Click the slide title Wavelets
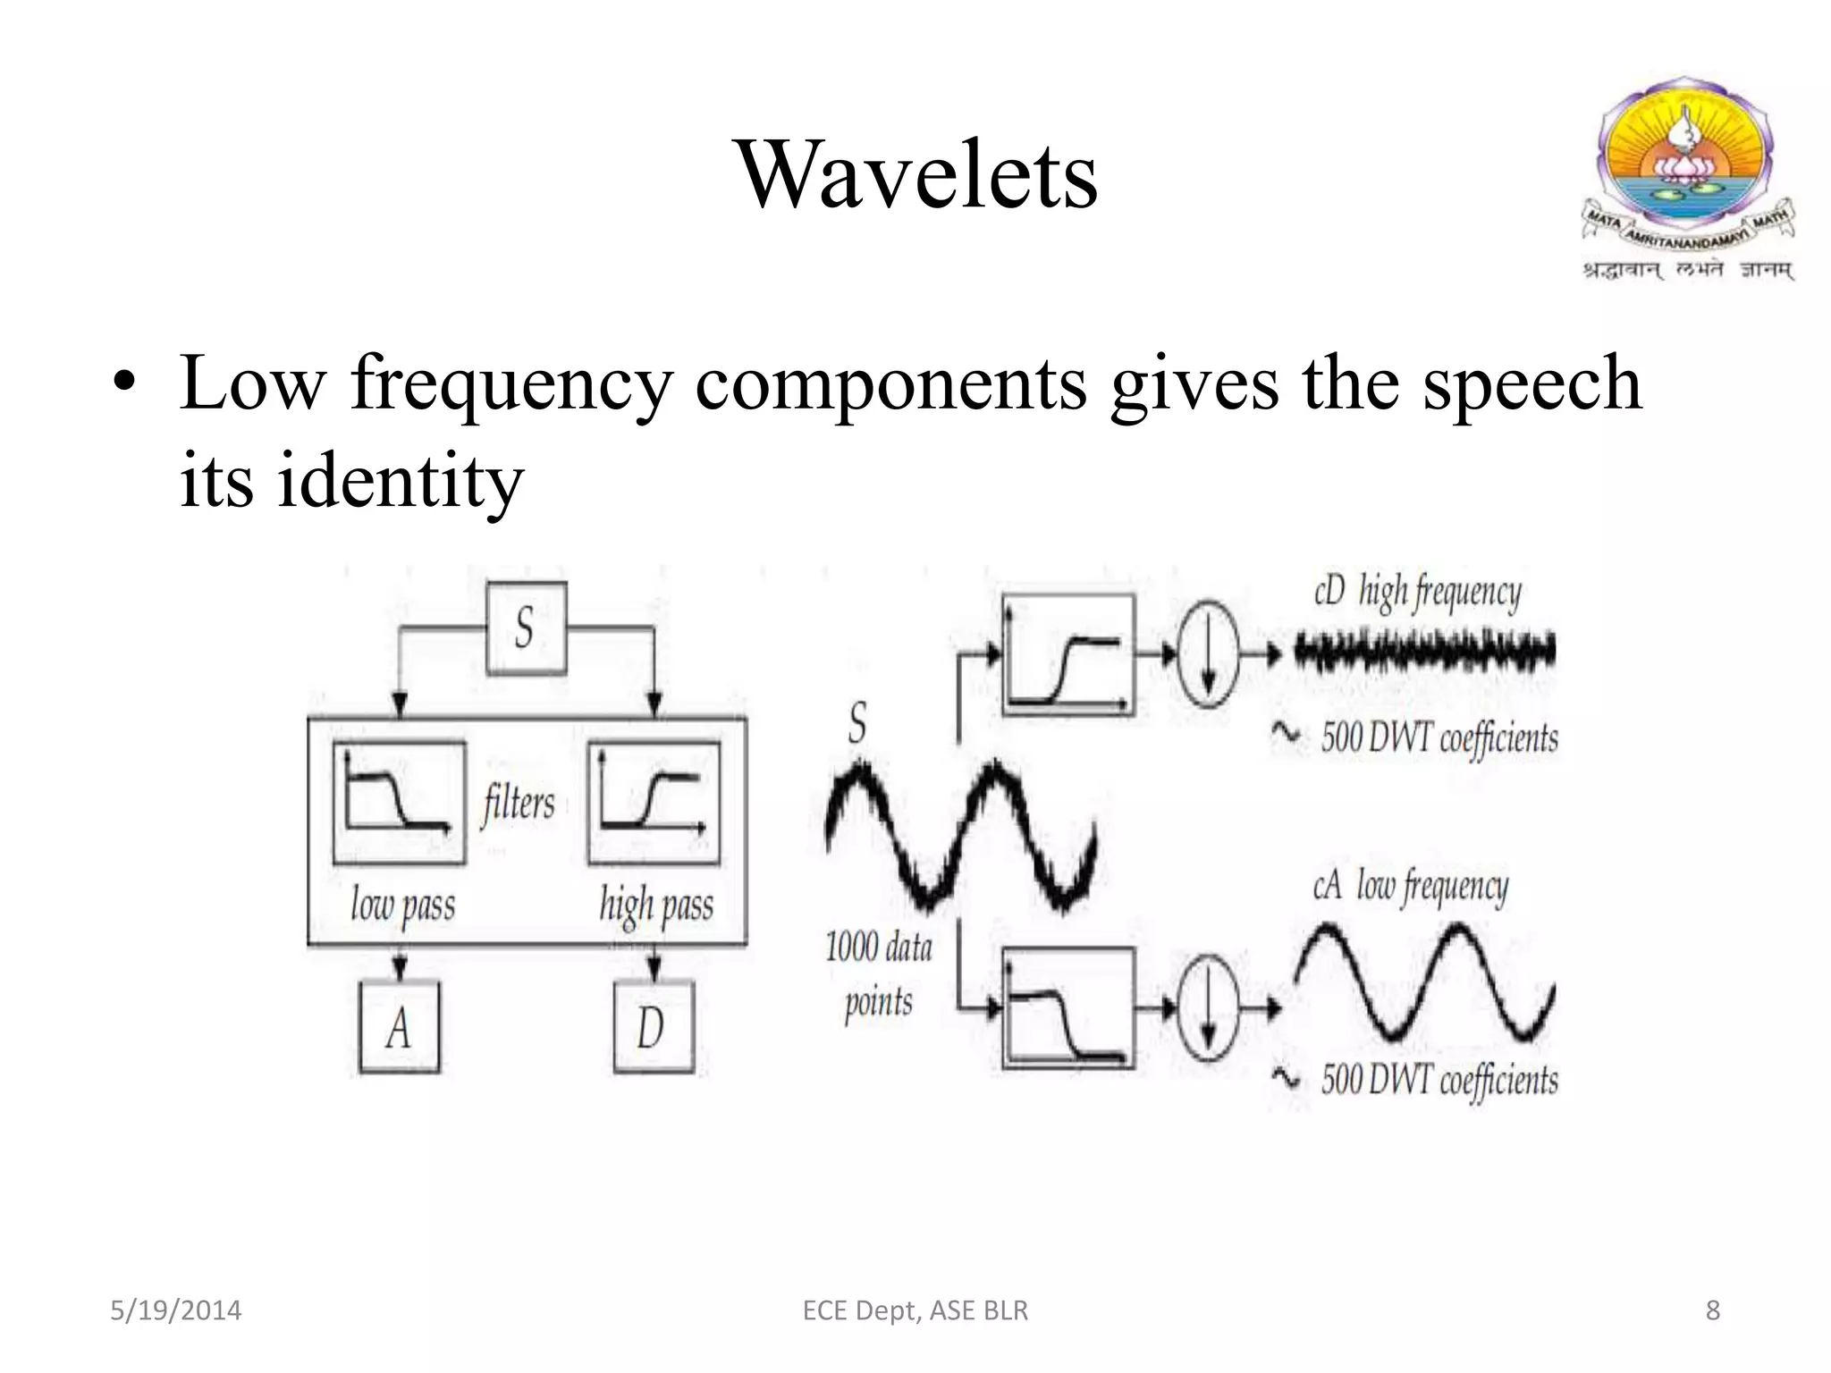coord(916,175)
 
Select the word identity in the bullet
coord(400,481)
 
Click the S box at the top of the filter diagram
coord(526,628)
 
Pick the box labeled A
coord(399,1028)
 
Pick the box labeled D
coord(654,1028)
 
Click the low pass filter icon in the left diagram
coord(399,802)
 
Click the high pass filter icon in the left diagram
coord(654,802)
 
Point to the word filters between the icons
coord(519,802)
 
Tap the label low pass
coord(402,905)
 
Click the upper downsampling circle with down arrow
coord(1208,654)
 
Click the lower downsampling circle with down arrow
coord(1208,1008)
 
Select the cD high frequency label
coord(1417,593)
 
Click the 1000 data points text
coord(878,974)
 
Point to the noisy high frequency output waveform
coord(1424,652)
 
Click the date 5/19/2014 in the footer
coord(175,1310)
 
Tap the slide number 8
coord(1712,1310)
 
